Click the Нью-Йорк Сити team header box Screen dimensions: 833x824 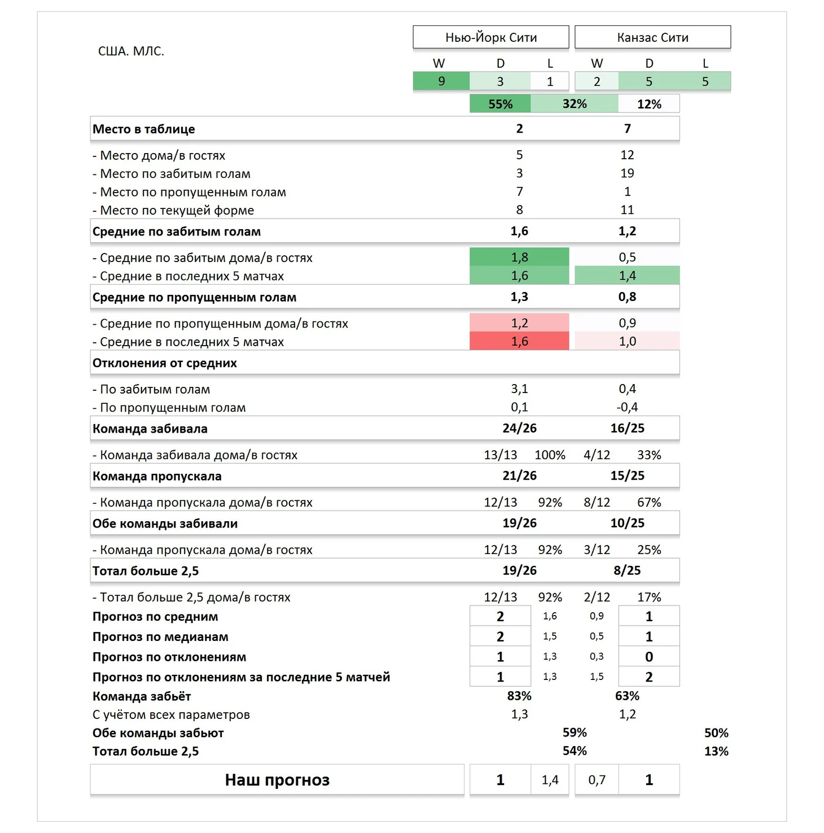(490, 37)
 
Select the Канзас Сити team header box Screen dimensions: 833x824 (652, 37)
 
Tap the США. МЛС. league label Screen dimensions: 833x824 (131, 51)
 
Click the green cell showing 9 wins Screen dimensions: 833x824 (441, 81)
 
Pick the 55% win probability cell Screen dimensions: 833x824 (500, 104)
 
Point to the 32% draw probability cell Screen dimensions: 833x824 (575, 104)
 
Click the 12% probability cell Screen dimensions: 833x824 (649, 104)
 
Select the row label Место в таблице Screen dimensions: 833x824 (144, 129)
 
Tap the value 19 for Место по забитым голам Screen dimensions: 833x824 (627, 173)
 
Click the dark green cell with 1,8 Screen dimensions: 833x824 (519, 258)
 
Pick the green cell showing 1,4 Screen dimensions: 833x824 (627, 276)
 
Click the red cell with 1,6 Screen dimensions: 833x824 (519, 342)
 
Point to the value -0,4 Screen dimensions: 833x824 (627, 407)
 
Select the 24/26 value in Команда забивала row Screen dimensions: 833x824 (519, 428)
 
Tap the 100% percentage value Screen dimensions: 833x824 (550, 455)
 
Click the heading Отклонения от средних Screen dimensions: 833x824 (165, 363)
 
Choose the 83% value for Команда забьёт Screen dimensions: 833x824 (519, 696)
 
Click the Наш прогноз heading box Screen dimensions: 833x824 (277, 780)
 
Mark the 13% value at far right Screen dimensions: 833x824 (716, 751)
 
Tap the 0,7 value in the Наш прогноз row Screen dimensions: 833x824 (597, 780)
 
